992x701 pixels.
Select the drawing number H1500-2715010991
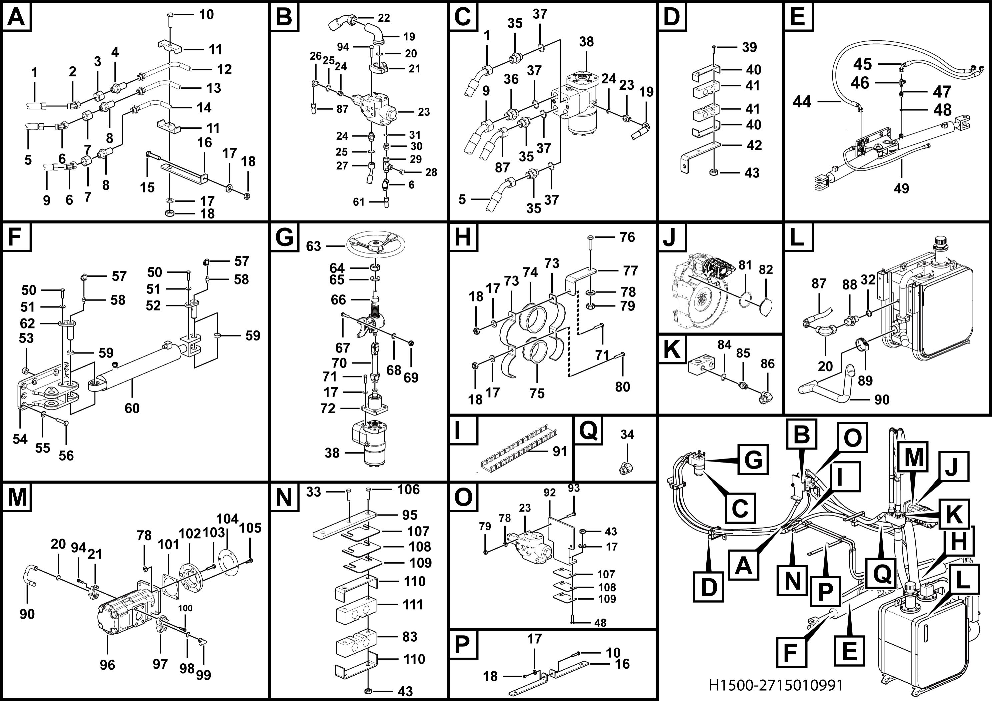pyautogui.click(x=776, y=685)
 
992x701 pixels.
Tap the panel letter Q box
pyautogui.click(x=588, y=431)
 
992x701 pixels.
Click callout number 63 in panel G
pyautogui.click(x=314, y=246)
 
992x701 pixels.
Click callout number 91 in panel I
pyautogui.click(x=560, y=451)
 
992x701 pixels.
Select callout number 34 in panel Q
pyautogui.click(x=627, y=434)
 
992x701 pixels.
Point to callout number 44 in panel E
pyautogui.click(x=802, y=102)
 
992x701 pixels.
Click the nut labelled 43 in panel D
pyautogui.click(x=713, y=173)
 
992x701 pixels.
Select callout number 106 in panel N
pyautogui.click(x=408, y=489)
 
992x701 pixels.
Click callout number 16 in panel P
pyautogui.click(x=622, y=664)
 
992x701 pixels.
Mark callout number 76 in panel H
pyautogui.click(x=627, y=237)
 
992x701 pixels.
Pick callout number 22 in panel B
pyautogui.click(x=384, y=18)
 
